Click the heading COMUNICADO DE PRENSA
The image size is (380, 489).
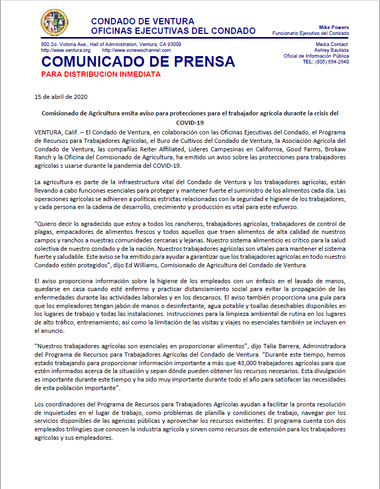pyautogui.click(x=138, y=61)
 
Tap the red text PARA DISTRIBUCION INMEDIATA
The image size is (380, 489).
pyautogui.click(x=101, y=74)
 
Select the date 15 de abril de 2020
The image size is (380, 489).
pyautogui.click(x=61, y=97)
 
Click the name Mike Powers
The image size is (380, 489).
pyautogui.click(x=334, y=27)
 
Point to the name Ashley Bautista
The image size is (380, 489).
pyautogui.click(x=332, y=50)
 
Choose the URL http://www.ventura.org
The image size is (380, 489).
pyautogui.click(x=65, y=50)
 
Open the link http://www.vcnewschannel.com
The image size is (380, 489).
pyautogui.click(x=132, y=50)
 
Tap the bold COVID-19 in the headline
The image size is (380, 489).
pyautogui.click(x=190, y=122)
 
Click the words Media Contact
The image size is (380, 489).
pyautogui.click(x=332, y=44)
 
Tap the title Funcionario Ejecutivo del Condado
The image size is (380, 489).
pyautogui.click(x=311, y=33)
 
